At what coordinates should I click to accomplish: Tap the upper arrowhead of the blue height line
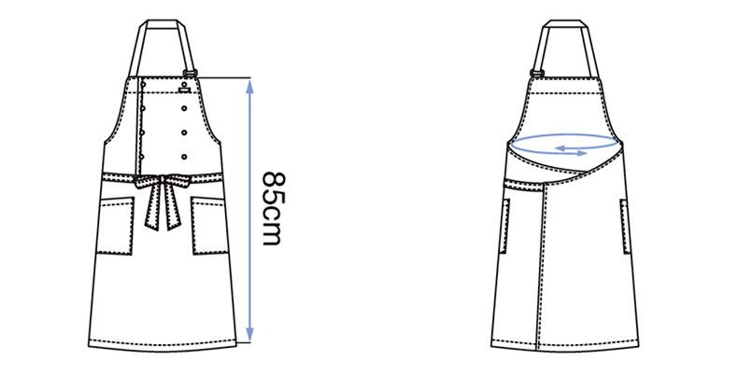tap(249, 86)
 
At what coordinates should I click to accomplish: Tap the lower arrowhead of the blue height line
tap(249, 335)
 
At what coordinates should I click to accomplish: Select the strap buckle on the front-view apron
tap(190, 74)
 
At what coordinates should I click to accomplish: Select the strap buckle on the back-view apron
tap(536, 74)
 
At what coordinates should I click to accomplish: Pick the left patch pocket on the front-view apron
tap(116, 226)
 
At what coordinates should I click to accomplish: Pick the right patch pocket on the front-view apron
tap(209, 225)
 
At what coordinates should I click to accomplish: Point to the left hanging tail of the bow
tap(152, 207)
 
